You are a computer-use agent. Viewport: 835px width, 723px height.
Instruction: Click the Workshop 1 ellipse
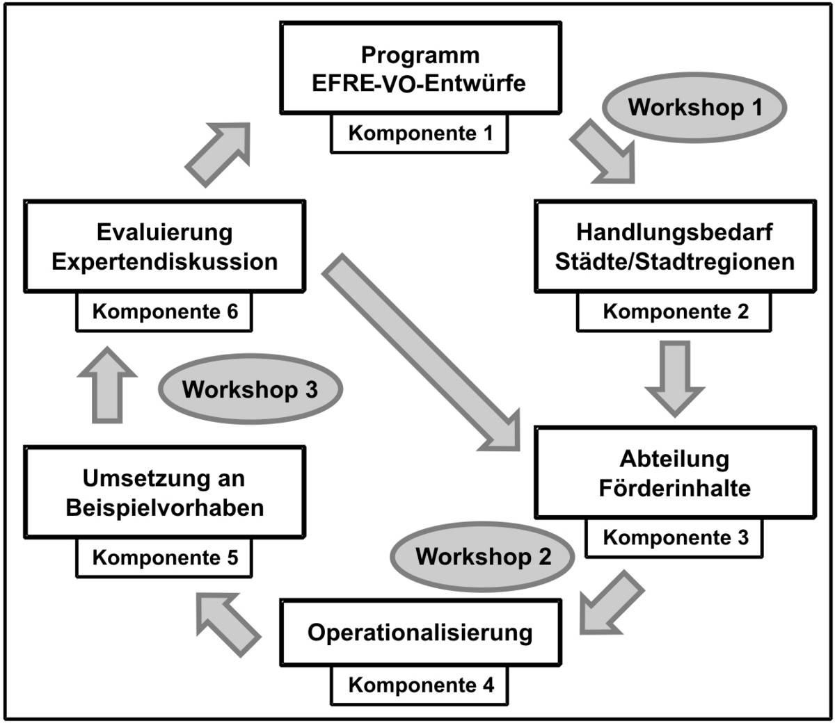[x=694, y=107]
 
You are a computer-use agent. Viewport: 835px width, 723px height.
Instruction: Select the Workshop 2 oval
[x=482, y=557]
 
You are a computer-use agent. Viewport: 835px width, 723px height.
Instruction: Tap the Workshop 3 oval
[x=250, y=389]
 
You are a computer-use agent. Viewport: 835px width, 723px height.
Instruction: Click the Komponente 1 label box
[x=420, y=133]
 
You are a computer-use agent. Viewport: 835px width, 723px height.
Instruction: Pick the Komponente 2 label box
[x=674, y=311]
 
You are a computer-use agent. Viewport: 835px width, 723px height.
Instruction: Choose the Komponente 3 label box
[x=674, y=537]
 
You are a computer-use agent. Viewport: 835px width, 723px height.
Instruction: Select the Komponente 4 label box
[x=420, y=685]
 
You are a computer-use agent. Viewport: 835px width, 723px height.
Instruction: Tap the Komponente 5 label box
[x=164, y=558]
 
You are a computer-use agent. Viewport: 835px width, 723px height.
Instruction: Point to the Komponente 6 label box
[x=164, y=311]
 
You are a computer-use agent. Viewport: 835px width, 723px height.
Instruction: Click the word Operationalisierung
[x=420, y=633]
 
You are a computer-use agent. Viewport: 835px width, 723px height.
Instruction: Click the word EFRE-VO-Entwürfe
[x=419, y=83]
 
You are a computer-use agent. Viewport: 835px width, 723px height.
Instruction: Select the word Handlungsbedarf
[x=674, y=232]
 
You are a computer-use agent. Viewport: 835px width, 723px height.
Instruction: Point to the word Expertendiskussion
[x=165, y=261]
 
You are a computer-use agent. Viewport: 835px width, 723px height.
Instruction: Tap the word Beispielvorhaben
[x=165, y=507]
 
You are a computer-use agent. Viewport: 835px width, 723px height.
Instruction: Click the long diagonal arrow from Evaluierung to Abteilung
[x=421, y=352]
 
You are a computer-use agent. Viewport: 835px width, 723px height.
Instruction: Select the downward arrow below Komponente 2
[x=675, y=379]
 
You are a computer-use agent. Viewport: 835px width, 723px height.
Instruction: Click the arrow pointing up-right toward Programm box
[x=218, y=155]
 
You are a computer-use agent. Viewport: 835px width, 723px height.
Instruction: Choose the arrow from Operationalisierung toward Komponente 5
[x=229, y=625]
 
